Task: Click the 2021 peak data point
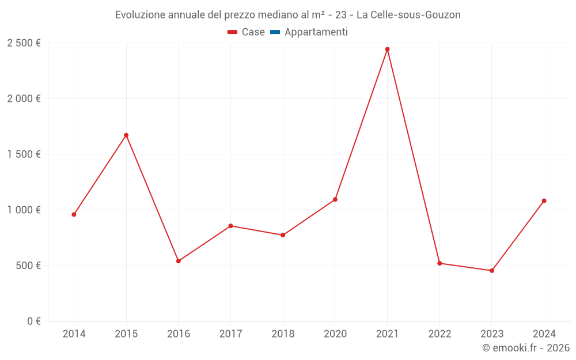387,50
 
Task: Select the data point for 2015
126,135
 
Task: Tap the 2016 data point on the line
179,261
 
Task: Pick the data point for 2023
492,271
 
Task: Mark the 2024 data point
544,201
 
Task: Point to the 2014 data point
74,214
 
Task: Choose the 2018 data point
283,235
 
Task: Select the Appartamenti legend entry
316,32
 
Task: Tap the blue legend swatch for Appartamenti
275,32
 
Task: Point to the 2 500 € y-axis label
24,43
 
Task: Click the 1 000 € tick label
24,210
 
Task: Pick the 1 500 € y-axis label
24,154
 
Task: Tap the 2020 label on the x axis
335,334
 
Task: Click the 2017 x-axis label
230,334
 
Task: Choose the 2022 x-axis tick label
439,334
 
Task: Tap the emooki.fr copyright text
526,348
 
